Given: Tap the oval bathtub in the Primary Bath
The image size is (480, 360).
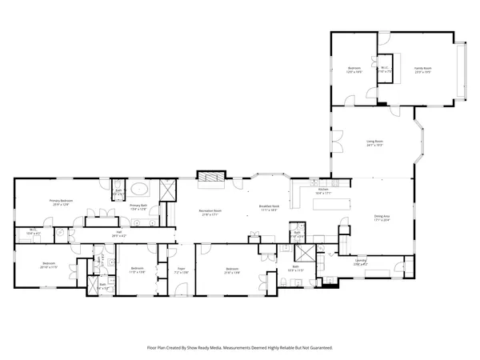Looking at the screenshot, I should tap(139, 190).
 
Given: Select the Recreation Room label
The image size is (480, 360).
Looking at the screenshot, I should tap(210, 212).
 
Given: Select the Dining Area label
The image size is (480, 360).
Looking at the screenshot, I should tap(382, 218).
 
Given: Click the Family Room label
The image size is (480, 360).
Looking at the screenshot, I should tap(422, 70).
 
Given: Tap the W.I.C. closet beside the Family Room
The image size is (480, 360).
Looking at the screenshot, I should tap(384, 69).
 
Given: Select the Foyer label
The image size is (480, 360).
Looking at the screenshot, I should tap(182, 270).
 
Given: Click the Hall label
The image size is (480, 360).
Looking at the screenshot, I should tap(118, 234).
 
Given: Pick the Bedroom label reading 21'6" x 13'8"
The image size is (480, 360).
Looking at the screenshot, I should tap(232, 270).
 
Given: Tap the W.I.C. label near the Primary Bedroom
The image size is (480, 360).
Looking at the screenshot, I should tap(34, 232).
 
